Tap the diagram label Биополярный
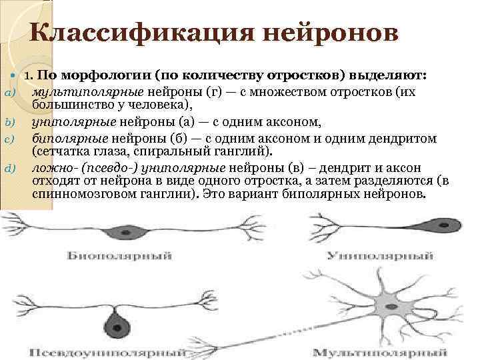click(119, 256)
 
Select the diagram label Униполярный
click(383, 256)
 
